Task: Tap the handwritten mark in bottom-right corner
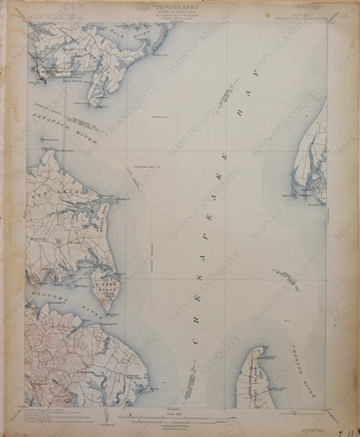tap(350, 428)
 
